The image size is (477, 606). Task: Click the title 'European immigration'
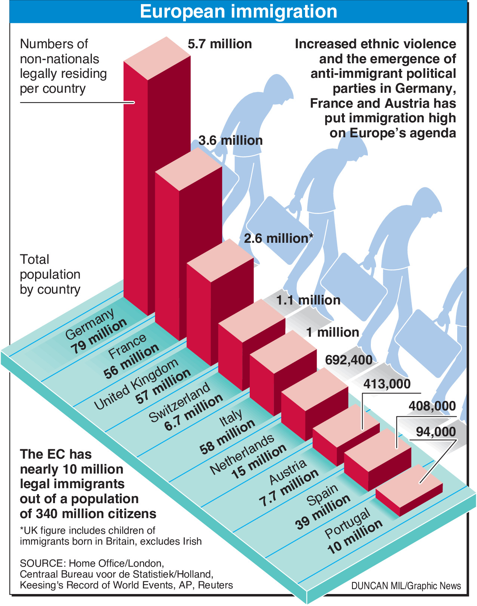coord(238,12)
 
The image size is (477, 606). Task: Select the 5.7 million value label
coord(220,44)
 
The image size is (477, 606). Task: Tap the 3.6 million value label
coord(230,141)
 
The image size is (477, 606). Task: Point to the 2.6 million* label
coord(278,238)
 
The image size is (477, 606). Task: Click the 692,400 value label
coord(348,360)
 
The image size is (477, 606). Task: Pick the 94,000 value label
coord(436,432)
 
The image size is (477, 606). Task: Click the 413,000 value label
coord(387,384)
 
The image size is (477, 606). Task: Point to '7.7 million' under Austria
coord(289,488)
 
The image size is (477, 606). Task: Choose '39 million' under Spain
coord(323,512)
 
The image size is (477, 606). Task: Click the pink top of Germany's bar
coord(157,58)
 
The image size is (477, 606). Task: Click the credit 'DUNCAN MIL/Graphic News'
coord(406,586)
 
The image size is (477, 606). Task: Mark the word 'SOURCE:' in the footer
coord(43,563)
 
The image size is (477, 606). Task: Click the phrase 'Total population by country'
coord(50,275)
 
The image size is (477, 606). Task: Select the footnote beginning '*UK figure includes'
coord(111,536)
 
